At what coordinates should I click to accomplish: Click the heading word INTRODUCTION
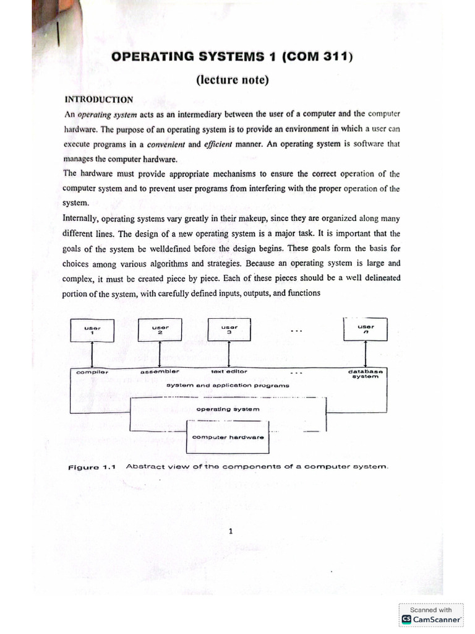99,99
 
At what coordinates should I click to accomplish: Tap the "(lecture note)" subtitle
232,80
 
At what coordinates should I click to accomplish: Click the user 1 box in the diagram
91,329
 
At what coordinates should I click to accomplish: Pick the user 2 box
160,329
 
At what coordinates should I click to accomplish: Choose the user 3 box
229,329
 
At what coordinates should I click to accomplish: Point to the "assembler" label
160,371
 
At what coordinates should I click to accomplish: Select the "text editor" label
229,371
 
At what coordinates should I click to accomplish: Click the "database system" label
365,374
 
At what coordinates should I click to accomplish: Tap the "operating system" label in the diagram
228,409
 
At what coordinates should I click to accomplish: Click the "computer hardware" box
228,436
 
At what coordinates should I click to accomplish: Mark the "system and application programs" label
228,385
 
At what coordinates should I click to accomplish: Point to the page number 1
230,531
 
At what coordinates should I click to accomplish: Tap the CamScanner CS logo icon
406,619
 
